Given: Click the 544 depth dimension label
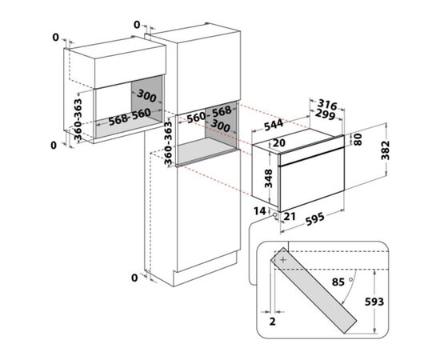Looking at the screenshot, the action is click(274, 125).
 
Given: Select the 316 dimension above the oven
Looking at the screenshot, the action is click(327, 105).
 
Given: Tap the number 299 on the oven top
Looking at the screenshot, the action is click(325, 114).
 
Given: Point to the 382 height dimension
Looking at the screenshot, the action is click(386, 150).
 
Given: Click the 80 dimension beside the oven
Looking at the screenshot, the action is click(358, 139).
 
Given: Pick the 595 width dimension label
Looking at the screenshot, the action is click(315, 219).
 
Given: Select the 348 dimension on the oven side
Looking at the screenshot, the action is click(268, 178).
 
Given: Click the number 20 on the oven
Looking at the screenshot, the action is click(279, 143).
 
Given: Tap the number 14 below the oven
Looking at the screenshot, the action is click(259, 211).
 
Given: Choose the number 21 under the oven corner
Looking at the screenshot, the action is click(290, 216).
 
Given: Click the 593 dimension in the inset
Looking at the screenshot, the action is click(374, 302).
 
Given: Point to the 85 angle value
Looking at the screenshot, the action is click(338, 282).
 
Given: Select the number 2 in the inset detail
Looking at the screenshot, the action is click(272, 322).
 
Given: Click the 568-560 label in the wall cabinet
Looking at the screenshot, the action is click(130, 117).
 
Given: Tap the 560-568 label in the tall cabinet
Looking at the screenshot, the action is click(210, 114).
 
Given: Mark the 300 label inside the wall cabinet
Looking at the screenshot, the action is click(146, 96).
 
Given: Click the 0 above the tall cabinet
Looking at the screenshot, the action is click(137, 25).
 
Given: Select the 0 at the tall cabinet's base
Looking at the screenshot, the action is click(134, 278).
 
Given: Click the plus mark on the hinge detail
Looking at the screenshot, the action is click(283, 260).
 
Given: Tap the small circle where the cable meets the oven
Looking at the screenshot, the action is click(274, 215).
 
